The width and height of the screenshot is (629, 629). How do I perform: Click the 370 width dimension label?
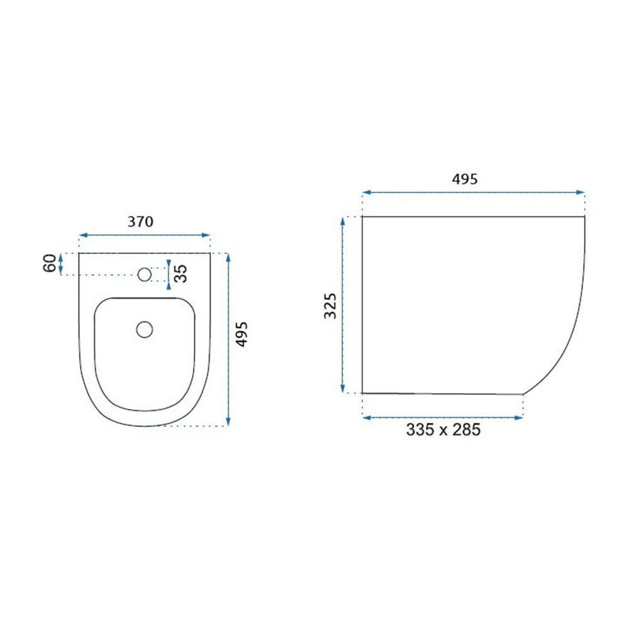coord(140,222)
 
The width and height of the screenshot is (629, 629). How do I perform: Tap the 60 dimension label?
coord(50,263)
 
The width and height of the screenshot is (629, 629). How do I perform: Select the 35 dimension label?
coord(181,273)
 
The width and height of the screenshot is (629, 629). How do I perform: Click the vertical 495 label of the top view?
coord(242,334)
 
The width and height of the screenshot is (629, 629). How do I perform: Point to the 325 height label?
coord(330,306)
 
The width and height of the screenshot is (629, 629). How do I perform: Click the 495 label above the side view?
coord(465,179)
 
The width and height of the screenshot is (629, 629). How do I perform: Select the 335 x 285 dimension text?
coord(443,430)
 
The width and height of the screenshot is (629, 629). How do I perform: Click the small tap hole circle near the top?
coord(145,274)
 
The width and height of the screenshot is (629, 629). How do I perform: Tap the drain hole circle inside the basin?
coord(145,330)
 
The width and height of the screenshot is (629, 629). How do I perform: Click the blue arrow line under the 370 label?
coord(145,235)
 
